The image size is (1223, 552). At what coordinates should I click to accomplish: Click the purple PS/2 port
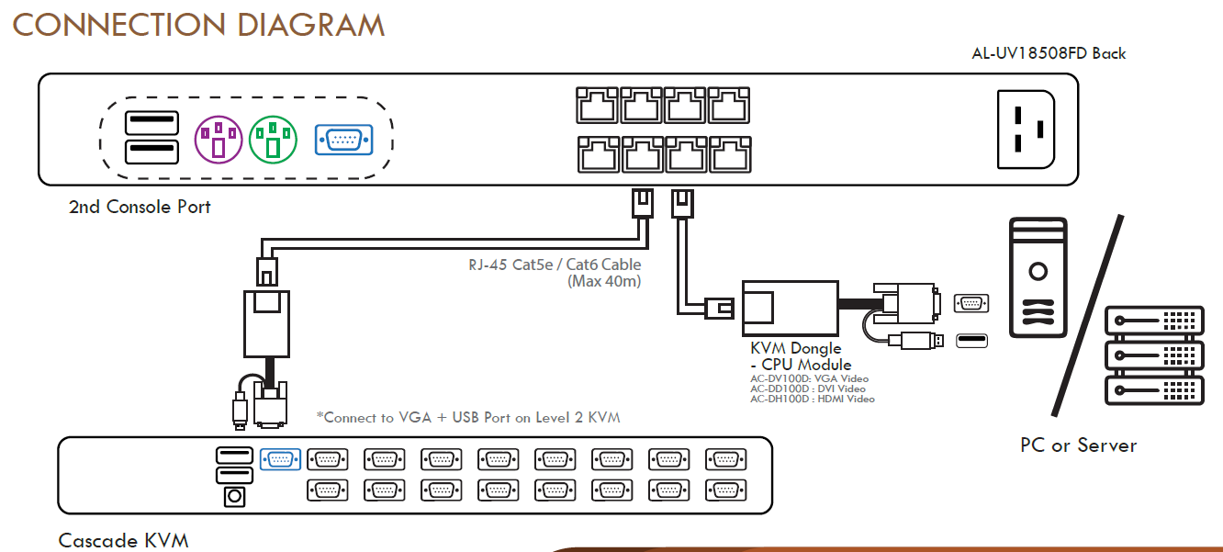(x=219, y=140)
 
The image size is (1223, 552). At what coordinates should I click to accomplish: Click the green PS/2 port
(x=273, y=140)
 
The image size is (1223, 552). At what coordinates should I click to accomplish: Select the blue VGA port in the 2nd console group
(x=344, y=140)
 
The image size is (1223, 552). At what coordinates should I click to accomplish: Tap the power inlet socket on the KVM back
(x=1026, y=130)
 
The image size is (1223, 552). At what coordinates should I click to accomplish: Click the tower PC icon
(x=1038, y=277)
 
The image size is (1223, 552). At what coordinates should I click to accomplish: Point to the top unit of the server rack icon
(x=1154, y=321)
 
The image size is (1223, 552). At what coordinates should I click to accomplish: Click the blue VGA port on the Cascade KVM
(x=280, y=459)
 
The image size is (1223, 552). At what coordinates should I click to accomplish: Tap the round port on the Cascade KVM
(x=235, y=496)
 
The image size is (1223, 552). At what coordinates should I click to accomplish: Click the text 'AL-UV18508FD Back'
(x=1049, y=53)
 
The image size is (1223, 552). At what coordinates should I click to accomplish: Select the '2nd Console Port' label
(x=140, y=207)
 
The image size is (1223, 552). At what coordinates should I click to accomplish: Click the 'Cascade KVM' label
(x=123, y=541)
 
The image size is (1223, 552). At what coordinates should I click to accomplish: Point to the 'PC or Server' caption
(x=1078, y=445)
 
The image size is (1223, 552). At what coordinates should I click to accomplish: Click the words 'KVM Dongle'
(x=795, y=348)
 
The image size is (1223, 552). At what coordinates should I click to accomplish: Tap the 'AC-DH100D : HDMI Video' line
(x=813, y=400)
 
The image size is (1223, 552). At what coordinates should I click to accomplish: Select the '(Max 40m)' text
(x=604, y=281)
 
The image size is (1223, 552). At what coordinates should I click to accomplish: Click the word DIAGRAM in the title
(x=310, y=25)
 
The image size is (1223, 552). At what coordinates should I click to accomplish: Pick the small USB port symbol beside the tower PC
(x=971, y=341)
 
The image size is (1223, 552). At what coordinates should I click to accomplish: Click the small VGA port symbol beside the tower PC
(x=971, y=303)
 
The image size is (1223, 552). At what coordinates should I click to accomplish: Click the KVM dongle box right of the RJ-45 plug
(x=790, y=308)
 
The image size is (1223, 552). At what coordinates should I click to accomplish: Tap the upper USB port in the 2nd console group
(x=151, y=123)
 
